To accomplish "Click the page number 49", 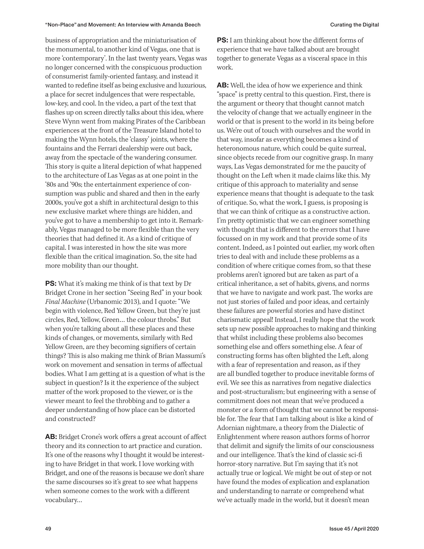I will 48,529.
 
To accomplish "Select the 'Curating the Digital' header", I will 354,25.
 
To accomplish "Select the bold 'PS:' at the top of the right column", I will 222,40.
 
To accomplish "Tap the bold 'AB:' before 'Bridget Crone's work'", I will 51,437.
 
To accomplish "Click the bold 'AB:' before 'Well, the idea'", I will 223,86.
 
